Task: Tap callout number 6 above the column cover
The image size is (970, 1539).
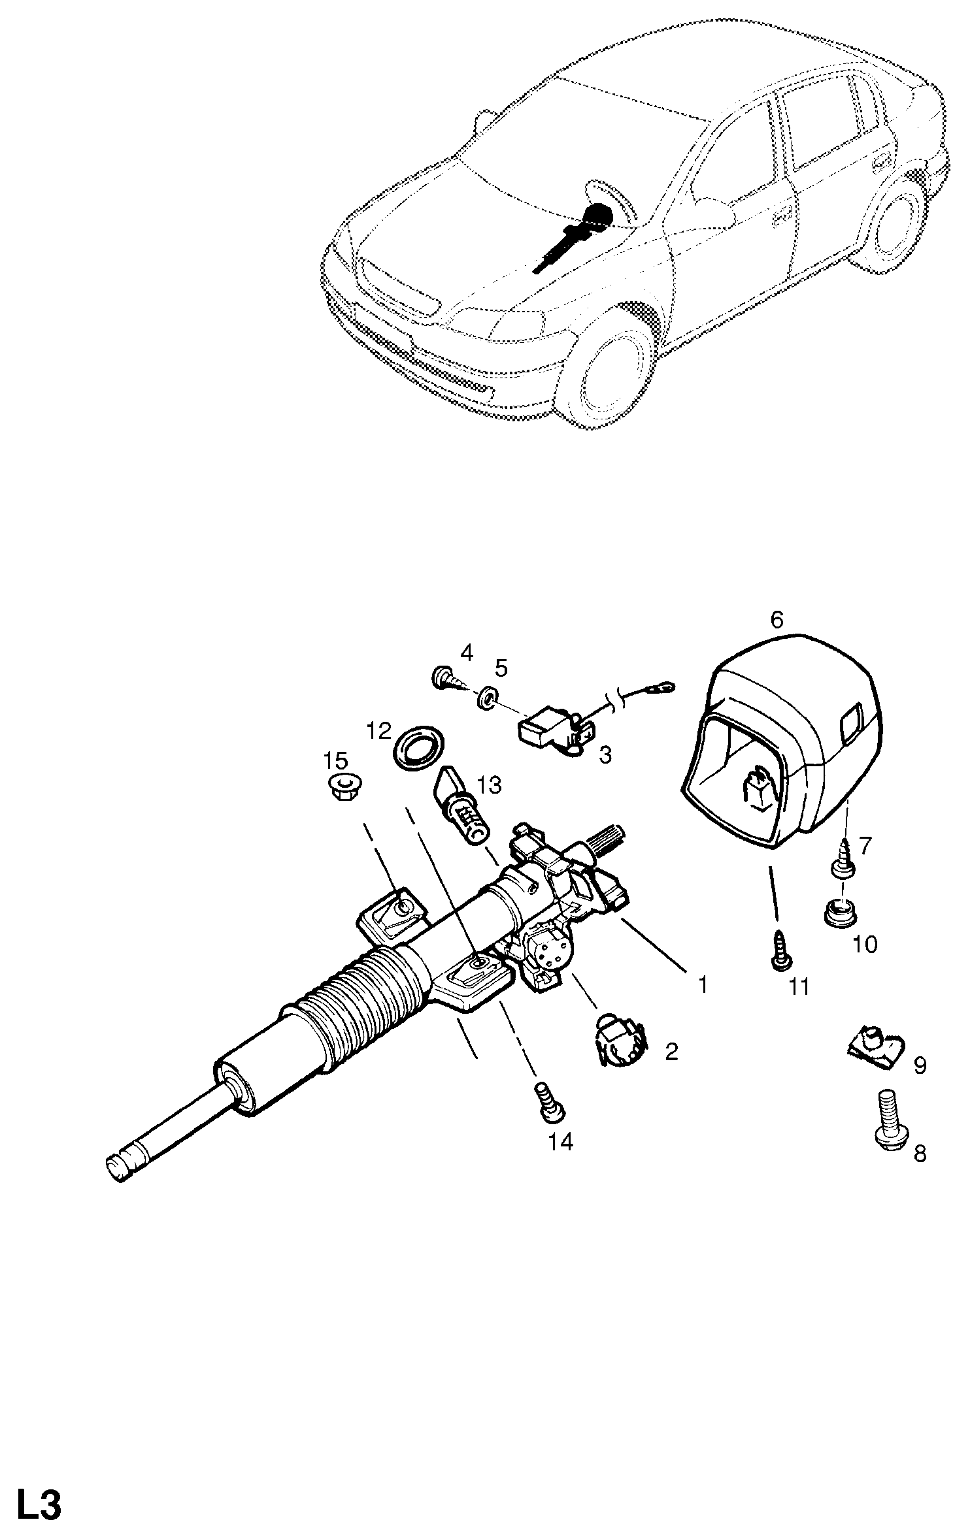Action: [x=777, y=619]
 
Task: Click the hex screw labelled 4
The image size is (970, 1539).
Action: [x=448, y=678]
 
